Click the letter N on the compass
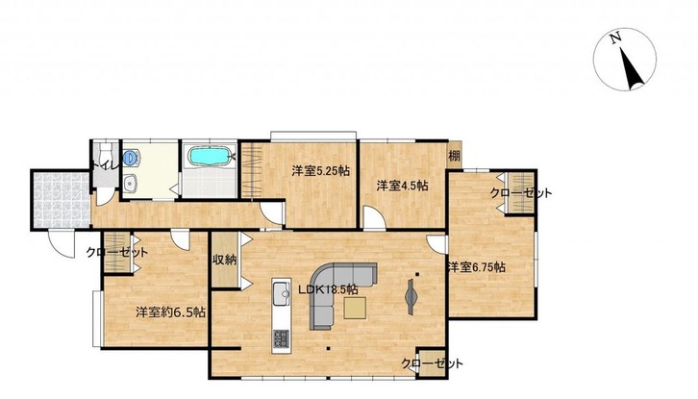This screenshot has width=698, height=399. click(x=615, y=38)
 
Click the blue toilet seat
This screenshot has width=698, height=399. click(x=129, y=157)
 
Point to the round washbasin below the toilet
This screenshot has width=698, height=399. click(x=130, y=183)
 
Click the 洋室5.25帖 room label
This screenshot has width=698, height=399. click(x=320, y=170)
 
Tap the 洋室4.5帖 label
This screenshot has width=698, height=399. click(x=403, y=186)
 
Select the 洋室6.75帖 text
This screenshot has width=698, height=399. click(x=476, y=267)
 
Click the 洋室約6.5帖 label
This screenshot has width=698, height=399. click(x=170, y=312)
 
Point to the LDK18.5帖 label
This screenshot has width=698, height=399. click(x=328, y=289)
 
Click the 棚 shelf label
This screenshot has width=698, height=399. click(x=454, y=157)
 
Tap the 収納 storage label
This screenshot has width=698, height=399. click(x=224, y=260)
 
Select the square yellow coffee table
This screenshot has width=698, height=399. click(x=355, y=309)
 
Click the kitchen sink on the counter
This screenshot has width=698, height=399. click(x=282, y=294)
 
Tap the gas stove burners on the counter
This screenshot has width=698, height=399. click(x=281, y=338)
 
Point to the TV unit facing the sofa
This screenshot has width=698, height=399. click(x=411, y=297)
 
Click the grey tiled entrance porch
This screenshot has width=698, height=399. click(x=62, y=199)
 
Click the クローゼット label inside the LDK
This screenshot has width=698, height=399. click(x=432, y=363)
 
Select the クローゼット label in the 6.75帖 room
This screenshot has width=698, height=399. click(x=521, y=193)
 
